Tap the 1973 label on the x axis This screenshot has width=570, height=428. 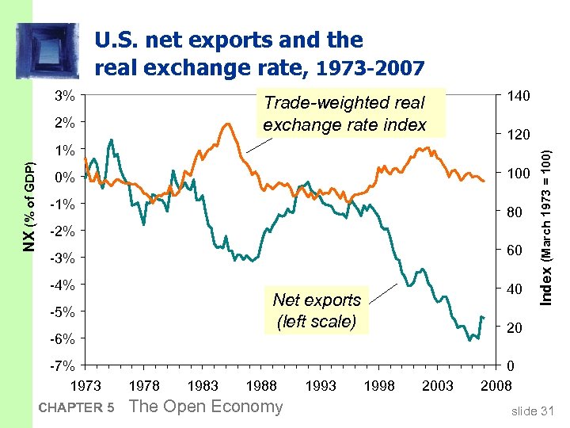pyautogui.click(x=86, y=386)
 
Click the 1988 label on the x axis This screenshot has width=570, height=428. pyautogui.click(x=261, y=386)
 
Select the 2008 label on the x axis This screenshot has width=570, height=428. pyautogui.click(x=496, y=386)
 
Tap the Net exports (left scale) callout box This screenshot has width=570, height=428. pyautogui.click(x=316, y=311)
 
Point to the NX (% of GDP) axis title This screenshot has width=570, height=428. pyautogui.click(x=29, y=208)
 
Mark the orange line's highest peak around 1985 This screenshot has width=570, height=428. pyautogui.click(x=227, y=124)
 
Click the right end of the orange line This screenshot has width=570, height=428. pyautogui.click(x=484, y=182)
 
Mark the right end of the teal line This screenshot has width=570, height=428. pyautogui.click(x=484, y=317)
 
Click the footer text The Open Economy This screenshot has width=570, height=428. pyautogui.click(x=205, y=407)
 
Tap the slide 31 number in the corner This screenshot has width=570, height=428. pyautogui.click(x=532, y=410)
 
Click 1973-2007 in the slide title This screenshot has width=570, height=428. pyautogui.click(x=370, y=68)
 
